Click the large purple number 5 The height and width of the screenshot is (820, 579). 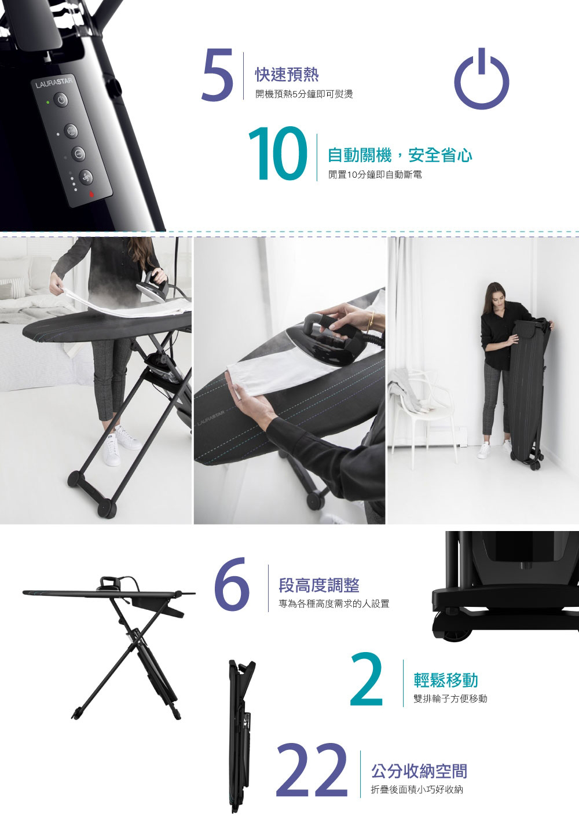click(217, 75)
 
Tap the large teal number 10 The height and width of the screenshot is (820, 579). click(277, 153)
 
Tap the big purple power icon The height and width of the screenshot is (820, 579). click(481, 78)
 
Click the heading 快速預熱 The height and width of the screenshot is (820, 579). click(287, 75)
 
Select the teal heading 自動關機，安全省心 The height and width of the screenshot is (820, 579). click(400, 155)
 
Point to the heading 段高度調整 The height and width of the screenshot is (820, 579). click(319, 585)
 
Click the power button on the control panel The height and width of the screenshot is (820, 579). click(61, 100)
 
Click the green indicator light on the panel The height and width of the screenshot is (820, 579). click(47, 102)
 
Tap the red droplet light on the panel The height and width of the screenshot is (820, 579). click(91, 195)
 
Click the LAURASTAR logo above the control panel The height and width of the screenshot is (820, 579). click(54, 82)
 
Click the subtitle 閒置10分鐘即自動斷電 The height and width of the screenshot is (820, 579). click(375, 175)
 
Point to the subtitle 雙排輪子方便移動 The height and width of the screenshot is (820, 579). click(450, 698)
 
